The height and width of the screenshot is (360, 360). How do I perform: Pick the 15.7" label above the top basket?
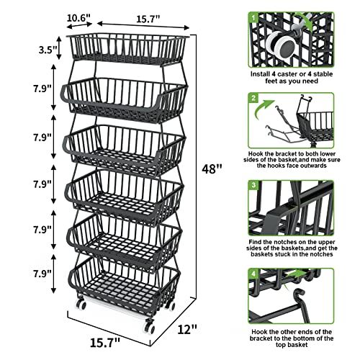point(148,17)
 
